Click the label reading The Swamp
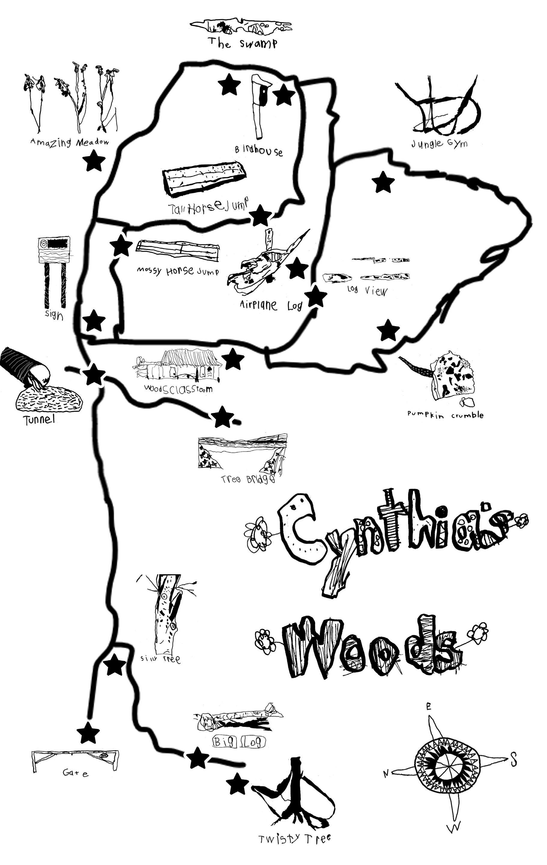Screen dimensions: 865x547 pyautogui.click(x=243, y=43)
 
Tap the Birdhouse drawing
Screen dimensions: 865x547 pyautogui.click(x=260, y=106)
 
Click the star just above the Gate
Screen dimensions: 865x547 pyautogui.click(x=88, y=733)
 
